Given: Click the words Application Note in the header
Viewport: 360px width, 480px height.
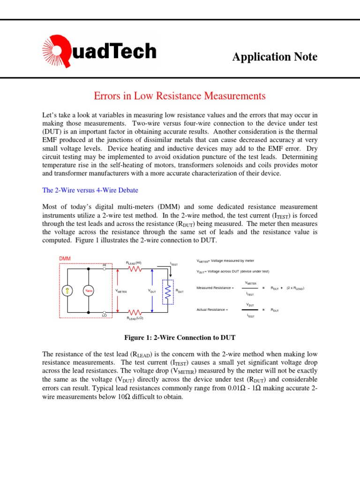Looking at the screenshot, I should (x=275, y=57).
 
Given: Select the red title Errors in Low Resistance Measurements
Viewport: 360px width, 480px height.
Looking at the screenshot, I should (x=180, y=96).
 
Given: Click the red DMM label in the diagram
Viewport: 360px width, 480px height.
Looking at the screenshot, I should (x=65, y=258).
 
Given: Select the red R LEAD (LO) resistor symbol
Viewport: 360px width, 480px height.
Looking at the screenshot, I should (x=135, y=312).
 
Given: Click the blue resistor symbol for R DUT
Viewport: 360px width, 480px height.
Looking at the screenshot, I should (x=167, y=291).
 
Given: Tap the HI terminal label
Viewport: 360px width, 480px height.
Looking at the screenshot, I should (x=105, y=265).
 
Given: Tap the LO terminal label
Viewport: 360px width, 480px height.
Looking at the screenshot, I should (x=105, y=316).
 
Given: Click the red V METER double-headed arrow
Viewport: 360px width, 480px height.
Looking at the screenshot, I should (x=117, y=291).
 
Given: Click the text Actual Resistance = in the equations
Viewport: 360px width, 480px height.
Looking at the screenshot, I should (x=212, y=310).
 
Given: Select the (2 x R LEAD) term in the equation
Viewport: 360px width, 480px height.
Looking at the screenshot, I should (x=295, y=288).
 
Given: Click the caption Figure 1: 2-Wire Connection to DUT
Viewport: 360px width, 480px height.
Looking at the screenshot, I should (x=180, y=337).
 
